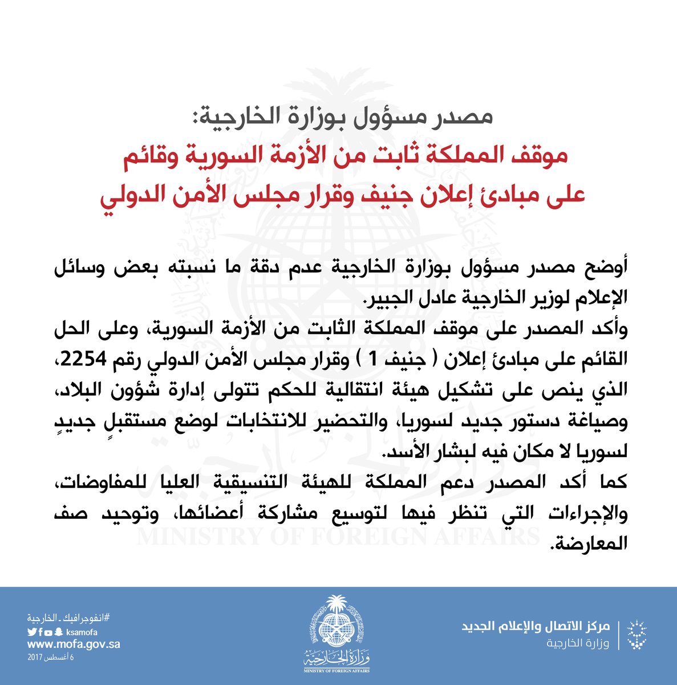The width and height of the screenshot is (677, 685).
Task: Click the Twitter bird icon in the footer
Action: point(31,632)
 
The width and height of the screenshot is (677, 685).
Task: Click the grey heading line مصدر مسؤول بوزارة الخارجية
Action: point(339,118)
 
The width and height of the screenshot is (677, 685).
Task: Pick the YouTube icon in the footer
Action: point(50,632)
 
